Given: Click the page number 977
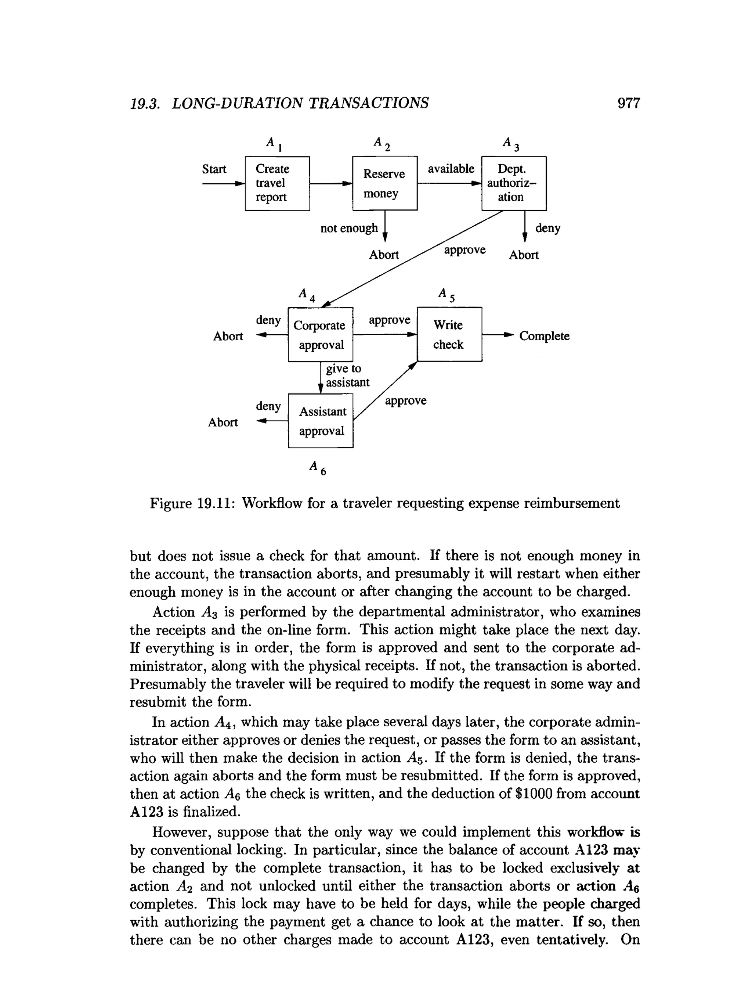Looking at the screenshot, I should point(628,103).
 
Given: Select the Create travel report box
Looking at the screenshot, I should point(277,183).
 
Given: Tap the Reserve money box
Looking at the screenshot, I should point(385,183).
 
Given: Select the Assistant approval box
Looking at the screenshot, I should point(321,421).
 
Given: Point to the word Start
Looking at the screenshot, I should point(214,169).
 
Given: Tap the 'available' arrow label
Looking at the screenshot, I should point(451,169).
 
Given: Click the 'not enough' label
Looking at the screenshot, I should point(349,228).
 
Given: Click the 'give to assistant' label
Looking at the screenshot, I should point(347,375).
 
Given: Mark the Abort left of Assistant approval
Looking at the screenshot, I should point(223,423).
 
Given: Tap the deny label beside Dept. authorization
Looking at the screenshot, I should point(548,228).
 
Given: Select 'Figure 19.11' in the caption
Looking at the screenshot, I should point(190,503).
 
